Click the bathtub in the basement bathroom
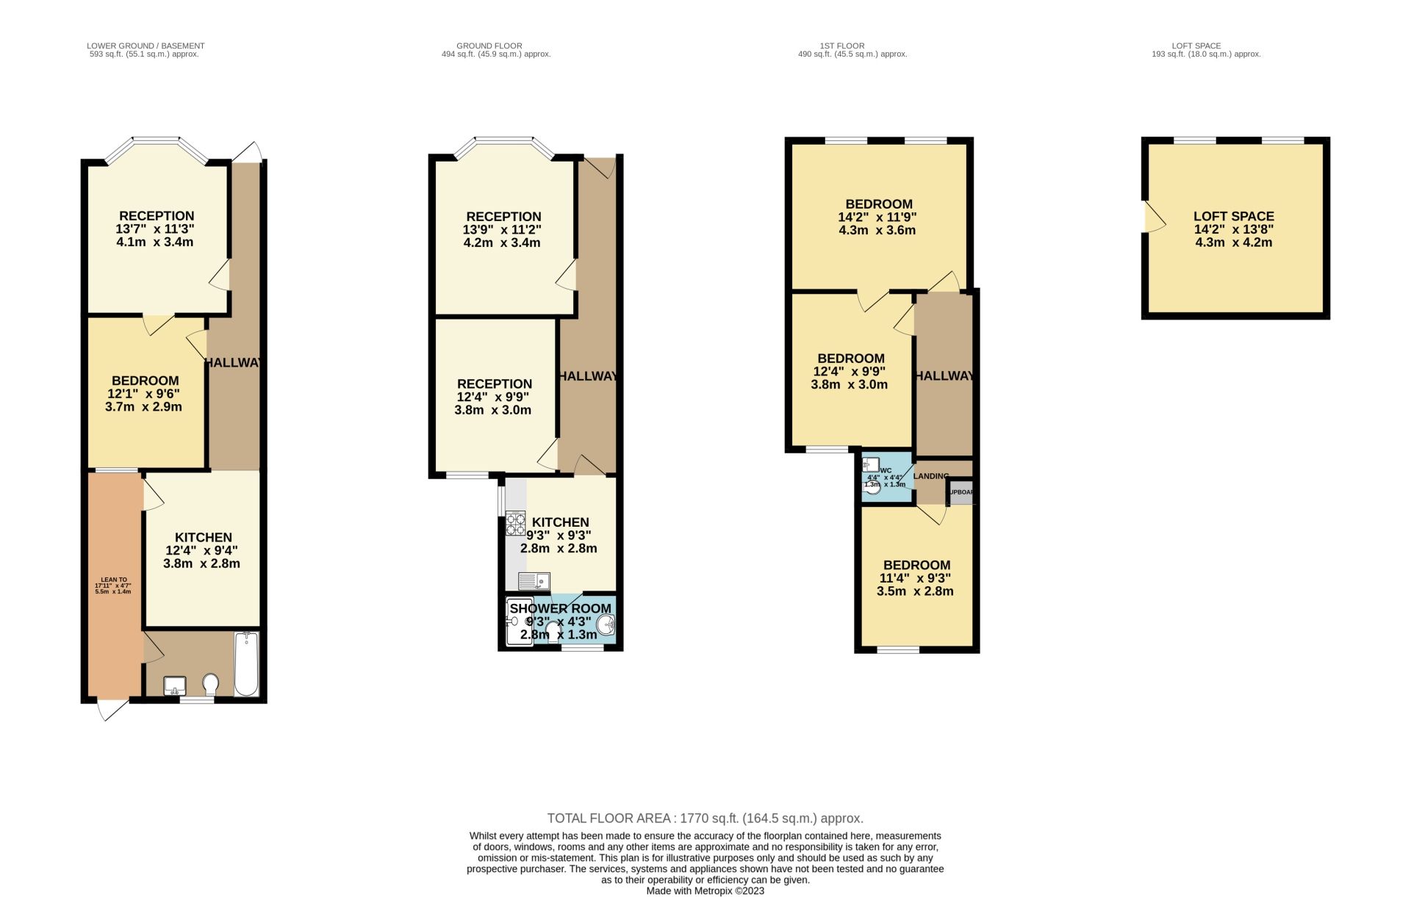tap(246, 663)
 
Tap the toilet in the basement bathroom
tap(211, 685)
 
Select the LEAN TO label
tap(113, 580)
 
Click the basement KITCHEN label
tap(203, 538)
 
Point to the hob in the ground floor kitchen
tap(515, 522)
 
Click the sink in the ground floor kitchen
tap(534, 582)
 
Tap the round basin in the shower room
tap(606, 625)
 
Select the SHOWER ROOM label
tap(561, 608)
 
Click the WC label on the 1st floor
tap(886, 471)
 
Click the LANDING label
tap(931, 476)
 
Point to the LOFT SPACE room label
tap(1233, 216)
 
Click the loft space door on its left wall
tap(1153, 217)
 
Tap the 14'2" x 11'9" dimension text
tap(877, 217)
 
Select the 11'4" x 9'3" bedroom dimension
tap(915, 578)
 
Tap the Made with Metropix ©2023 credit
tap(705, 891)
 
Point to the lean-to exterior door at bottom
tap(112, 709)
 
